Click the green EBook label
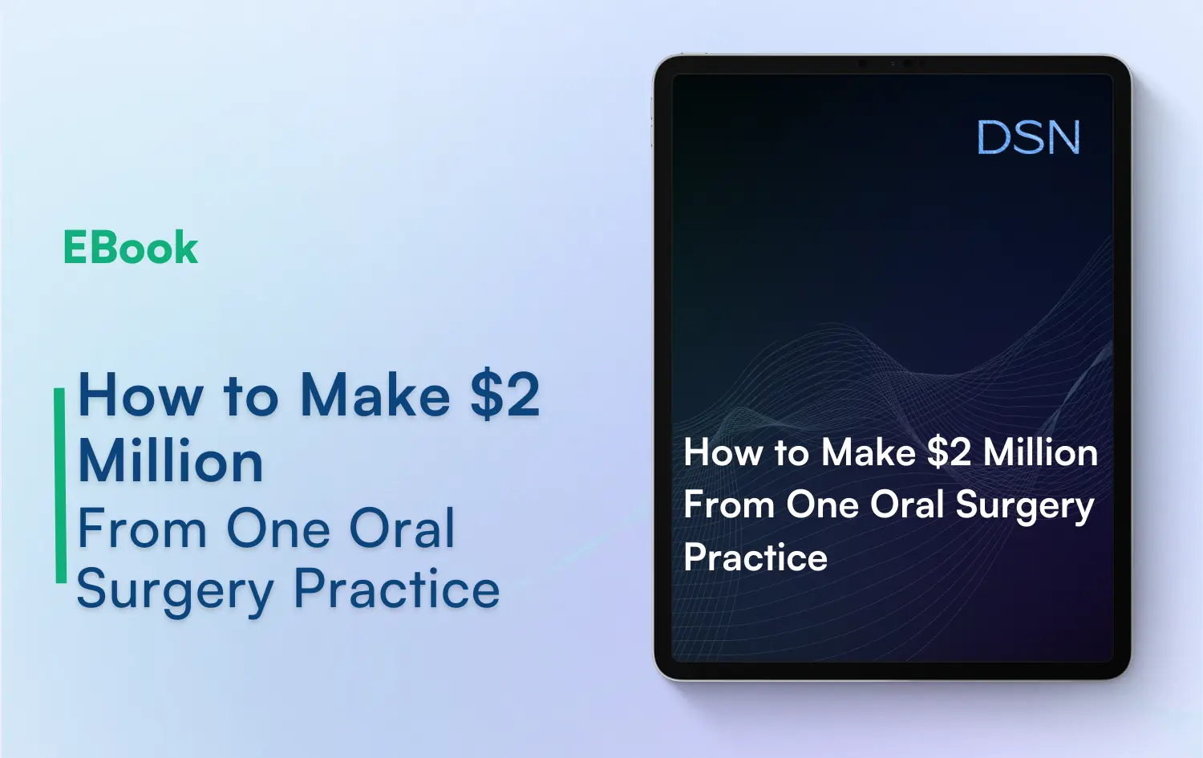click(130, 248)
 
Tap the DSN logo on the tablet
click(1028, 138)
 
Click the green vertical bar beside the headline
click(60, 485)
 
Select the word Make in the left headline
click(375, 395)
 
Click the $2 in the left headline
click(504, 395)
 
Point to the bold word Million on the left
click(171, 461)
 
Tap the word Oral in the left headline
click(402, 529)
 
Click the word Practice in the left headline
click(396, 590)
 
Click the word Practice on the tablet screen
click(755, 557)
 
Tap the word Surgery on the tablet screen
click(1024, 506)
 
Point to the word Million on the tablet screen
click(1040, 453)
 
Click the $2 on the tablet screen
click(949, 453)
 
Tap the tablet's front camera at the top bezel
click(906, 63)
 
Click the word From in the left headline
click(142, 529)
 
